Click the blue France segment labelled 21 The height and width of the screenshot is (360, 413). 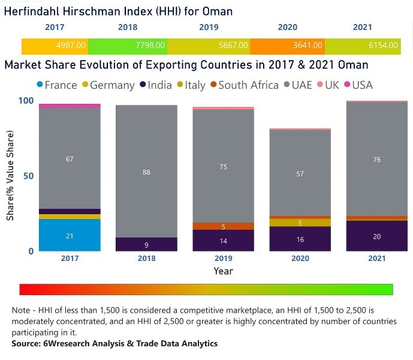[x=70, y=235]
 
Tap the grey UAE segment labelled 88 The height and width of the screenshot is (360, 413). [x=146, y=172]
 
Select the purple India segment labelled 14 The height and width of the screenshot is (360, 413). [x=223, y=241]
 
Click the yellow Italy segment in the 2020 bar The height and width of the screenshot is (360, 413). [x=300, y=223]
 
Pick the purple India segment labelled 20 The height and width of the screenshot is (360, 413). [x=376, y=236]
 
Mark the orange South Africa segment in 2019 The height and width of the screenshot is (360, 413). [x=223, y=226]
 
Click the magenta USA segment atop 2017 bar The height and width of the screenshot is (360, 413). [x=70, y=106]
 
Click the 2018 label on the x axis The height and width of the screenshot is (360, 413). [x=146, y=259]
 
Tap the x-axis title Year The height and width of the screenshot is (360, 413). [x=223, y=271]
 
